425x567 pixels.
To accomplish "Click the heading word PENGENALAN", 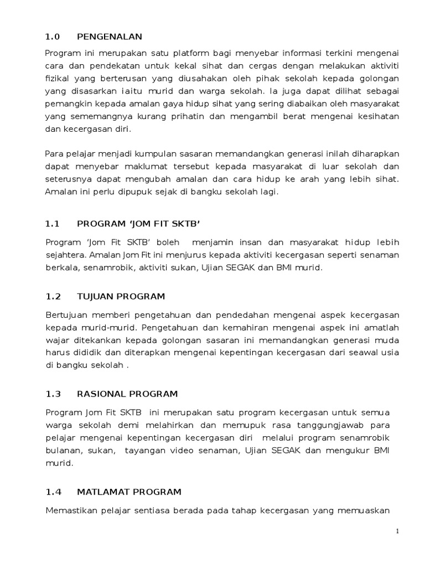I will [x=110, y=37].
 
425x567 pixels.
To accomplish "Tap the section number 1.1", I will [x=52, y=225].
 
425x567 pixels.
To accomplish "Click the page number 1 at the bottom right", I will [x=397, y=531].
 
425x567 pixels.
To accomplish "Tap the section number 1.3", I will [x=52, y=394].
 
